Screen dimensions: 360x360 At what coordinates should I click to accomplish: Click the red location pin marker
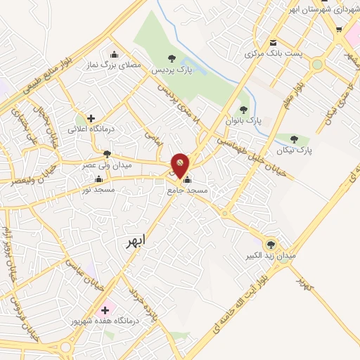coord(180,164)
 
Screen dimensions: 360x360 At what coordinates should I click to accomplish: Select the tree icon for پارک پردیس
coord(169,58)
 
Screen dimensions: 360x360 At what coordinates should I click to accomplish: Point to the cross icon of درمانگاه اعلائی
coord(91,118)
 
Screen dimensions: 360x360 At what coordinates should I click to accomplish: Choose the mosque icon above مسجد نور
coord(98,179)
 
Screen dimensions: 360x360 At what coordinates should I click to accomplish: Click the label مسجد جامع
coord(186,190)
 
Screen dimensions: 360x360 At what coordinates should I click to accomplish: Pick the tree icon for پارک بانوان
coord(243,109)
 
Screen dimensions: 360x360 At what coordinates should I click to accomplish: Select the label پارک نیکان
coord(294,150)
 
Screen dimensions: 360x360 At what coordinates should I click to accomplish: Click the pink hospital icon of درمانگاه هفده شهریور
coord(105,309)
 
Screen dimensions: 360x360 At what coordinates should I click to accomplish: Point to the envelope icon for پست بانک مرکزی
coord(273,41)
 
